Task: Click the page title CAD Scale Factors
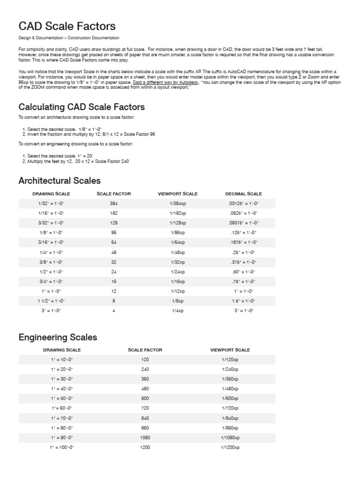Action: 67,26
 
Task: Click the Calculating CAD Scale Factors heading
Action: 82,107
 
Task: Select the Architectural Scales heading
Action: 60,180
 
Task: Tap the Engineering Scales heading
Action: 58,337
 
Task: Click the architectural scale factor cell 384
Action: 113,203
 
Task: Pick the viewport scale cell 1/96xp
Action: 178,232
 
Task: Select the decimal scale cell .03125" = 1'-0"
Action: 243,203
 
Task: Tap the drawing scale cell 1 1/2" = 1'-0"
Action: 51,301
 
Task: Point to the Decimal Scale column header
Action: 243,194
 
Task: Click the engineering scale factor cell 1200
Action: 145,448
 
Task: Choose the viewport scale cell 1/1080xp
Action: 230,438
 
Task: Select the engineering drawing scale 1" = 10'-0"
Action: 62,360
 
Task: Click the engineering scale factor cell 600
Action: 145,398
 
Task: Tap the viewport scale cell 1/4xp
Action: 178,311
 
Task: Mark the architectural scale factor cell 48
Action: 113,252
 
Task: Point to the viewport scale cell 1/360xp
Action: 230,379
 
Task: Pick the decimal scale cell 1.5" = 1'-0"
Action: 243,301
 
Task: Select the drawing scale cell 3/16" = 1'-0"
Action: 51,242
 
